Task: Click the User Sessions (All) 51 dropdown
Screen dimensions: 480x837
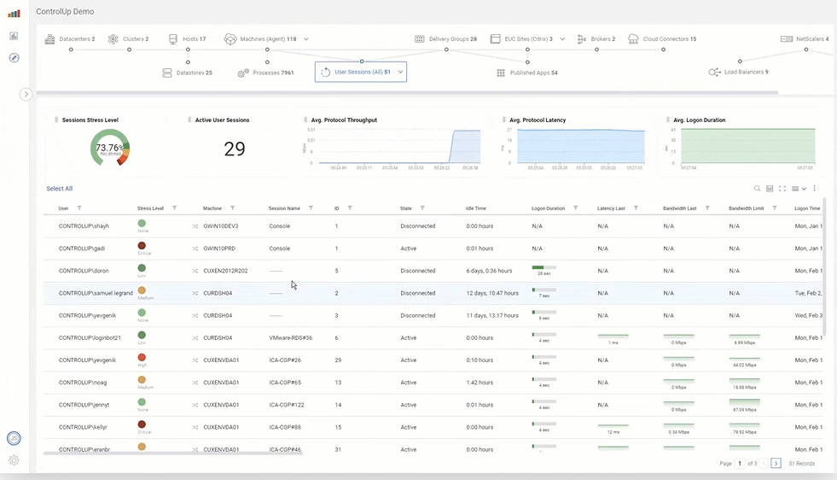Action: point(360,73)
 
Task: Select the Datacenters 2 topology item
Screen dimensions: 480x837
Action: point(70,39)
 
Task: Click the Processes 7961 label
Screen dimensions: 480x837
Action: point(273,73)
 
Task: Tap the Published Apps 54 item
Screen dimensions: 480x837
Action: point(532,73)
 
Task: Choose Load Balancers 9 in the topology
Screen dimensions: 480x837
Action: point(745,73)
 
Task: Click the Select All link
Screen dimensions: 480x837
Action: point(59,189)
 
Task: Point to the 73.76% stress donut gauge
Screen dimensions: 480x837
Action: point(109,148)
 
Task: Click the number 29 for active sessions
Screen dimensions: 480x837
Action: point(234,149)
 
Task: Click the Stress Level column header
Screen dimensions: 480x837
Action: point(150,208)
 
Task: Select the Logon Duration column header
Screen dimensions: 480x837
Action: point(548,208)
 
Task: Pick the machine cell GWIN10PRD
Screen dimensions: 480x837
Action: point(219,249)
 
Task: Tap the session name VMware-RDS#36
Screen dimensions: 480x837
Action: point(291,337)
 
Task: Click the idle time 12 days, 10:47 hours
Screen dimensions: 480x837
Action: point(492,293)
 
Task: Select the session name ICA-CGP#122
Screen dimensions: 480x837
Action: point(287,405)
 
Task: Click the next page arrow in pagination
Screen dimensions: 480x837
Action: point(776,463)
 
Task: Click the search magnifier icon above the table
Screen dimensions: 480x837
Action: point(757,189)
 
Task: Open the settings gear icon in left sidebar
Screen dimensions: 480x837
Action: point(14,460)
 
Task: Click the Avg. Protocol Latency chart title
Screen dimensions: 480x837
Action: point(538,120)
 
